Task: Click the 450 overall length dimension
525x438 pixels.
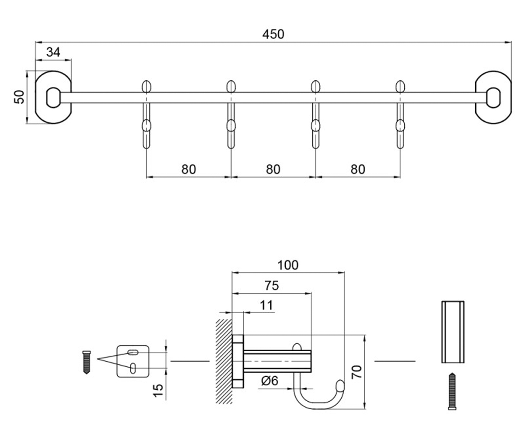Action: [273, 34]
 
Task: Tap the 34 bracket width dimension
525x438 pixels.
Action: [53, 52]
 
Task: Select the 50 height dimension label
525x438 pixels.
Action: [19, 97]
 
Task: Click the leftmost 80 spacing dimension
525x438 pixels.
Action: [189, 169]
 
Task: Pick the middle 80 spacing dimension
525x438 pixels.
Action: [273, 169]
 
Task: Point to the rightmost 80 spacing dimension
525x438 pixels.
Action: [358, 169]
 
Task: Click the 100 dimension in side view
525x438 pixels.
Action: [288, 265]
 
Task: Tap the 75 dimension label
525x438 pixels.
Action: [272, 286]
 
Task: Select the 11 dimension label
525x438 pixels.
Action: [266, 305]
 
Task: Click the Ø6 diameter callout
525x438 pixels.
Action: [269, 381]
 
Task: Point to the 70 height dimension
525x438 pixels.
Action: [357, 372]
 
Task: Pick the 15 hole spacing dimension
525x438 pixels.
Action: [158, 391]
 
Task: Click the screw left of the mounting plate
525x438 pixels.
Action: [87, 362]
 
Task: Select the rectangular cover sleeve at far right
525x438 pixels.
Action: [453, 332]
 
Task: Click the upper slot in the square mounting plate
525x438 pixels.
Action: [133, 352]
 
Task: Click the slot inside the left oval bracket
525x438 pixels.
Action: [53, 97]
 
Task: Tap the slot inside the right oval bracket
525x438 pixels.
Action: [493, 97]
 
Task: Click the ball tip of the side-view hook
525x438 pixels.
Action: [340, 385]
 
